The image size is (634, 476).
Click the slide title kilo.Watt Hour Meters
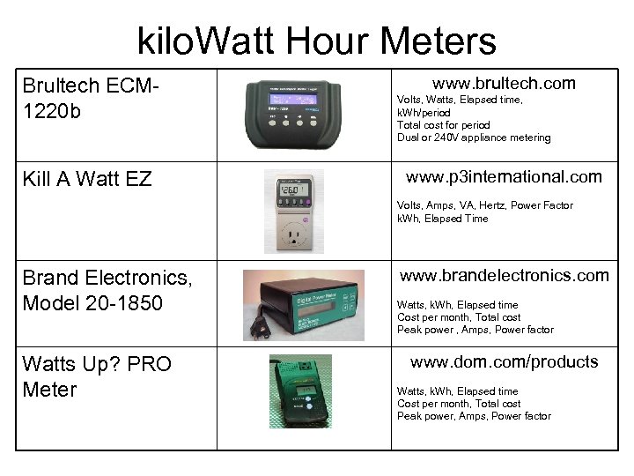tap(317, 41)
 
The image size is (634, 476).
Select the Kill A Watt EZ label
tap(88, 180)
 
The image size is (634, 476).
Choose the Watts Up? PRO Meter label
tap(97, 376)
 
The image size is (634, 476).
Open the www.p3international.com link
tap(503, 176)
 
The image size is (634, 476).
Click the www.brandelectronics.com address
tap(504, 275)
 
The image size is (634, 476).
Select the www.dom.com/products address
tap(504, 361)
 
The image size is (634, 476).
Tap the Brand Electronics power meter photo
tap(304, 304)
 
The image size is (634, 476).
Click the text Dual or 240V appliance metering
tap(474, 138)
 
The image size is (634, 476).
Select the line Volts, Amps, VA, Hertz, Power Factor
tap(485, 205)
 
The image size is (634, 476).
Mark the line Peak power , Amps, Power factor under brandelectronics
tap(475, 330)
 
